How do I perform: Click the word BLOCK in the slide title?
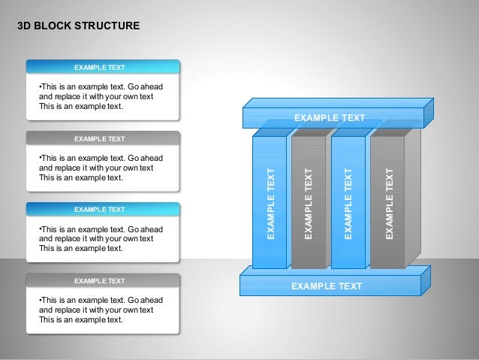(51, 26)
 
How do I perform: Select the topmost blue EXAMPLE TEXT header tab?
(103, 67)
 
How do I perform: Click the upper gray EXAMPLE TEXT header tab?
(103, 138)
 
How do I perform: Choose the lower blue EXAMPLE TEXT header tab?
(103, 210)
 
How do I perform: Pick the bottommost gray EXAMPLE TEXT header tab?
(103, 281)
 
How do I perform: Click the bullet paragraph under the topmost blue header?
(95, 96)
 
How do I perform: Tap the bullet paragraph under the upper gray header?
(95, 168)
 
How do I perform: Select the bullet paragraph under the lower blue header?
(95, 238)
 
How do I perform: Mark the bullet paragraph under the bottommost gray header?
(95, 309)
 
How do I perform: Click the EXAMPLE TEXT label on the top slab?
(329, 118)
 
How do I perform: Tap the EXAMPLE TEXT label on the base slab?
(326, 286)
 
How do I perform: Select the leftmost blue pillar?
(269, 203)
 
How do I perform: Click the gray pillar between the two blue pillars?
(308, 203)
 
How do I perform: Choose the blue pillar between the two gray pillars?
(348, 203)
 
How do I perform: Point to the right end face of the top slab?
(429, 112)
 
